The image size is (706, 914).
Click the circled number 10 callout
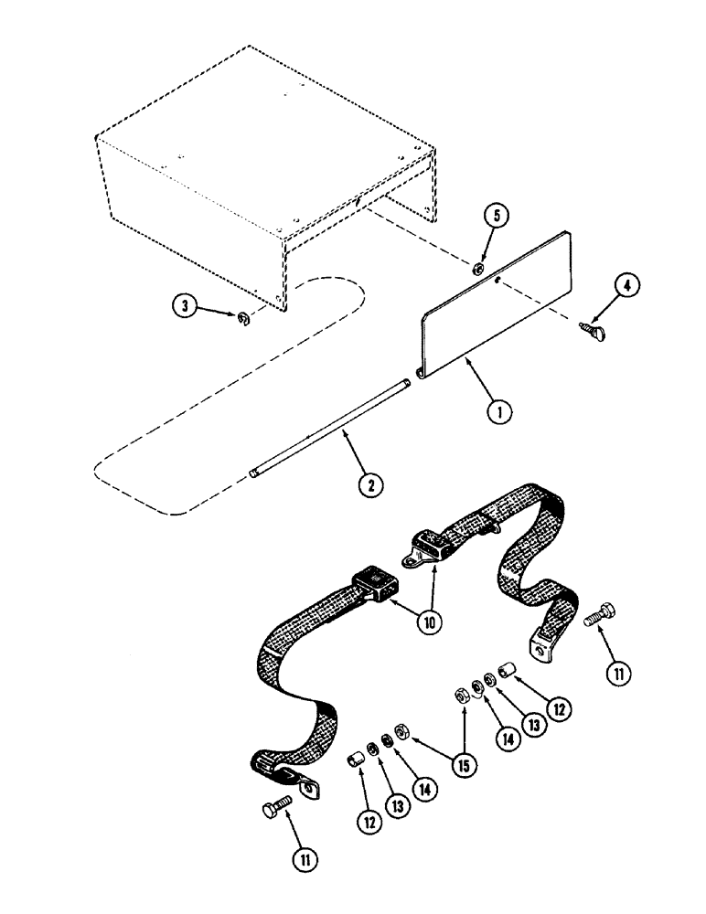tap(428, 622)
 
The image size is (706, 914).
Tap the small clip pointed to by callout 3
tap(242, 317)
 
